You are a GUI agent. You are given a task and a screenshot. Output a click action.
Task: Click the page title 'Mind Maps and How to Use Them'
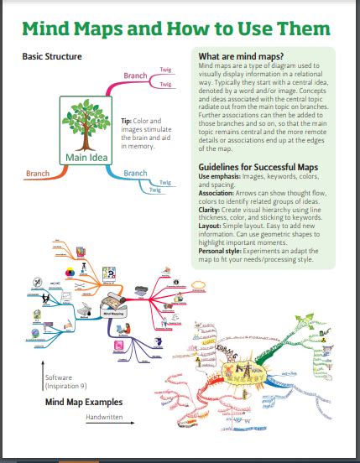click(x=175, y=29)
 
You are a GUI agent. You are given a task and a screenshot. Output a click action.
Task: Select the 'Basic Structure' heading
click(x=52, y=56)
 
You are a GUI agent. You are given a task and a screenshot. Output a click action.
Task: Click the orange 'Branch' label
click(x=38, y=174)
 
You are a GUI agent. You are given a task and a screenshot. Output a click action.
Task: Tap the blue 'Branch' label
click(x=135, y=174)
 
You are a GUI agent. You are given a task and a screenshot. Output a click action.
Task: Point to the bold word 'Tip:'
click(x=128, y=120)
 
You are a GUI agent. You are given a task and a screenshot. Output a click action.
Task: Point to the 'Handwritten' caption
click(x=104, y=416)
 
